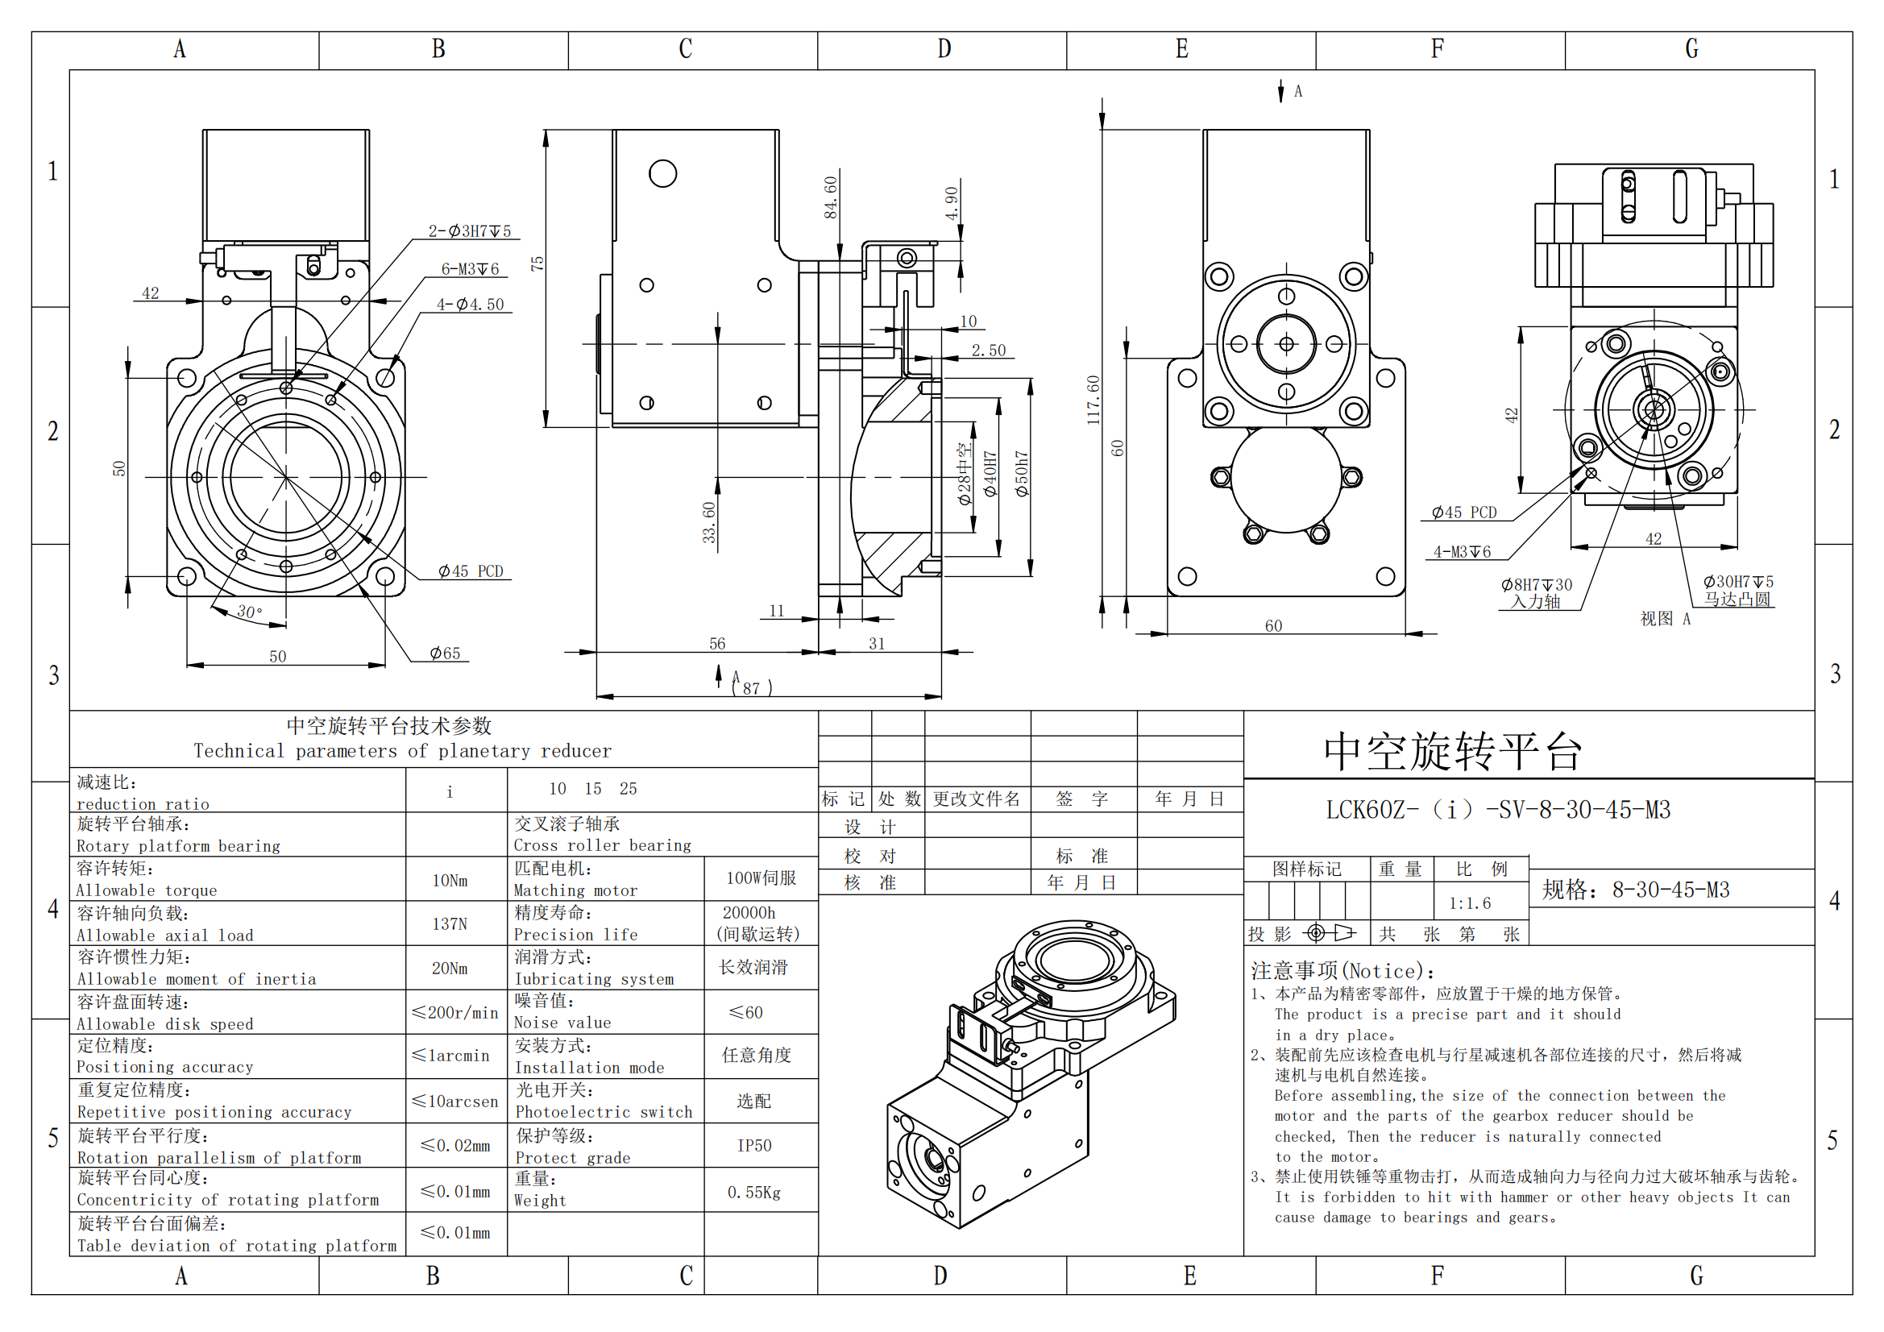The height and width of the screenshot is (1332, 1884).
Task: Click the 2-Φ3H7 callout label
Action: (x=469, y=231)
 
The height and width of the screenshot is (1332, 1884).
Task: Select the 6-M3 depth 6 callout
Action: (x=469, y=269)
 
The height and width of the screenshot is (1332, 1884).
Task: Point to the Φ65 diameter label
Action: (x=445, y=654)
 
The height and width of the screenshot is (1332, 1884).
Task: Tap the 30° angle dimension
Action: (x=250, y=612)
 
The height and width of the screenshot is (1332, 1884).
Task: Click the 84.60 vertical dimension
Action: (x=831, y=197)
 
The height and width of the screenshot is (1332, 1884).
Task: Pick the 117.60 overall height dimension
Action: (x=1093, y=400)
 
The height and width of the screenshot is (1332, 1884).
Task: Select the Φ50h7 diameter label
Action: (x=1022, y=473)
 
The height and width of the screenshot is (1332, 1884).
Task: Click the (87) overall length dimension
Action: (x=751, y=687)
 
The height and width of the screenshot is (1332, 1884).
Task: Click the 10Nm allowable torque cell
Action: (x=450, y=881)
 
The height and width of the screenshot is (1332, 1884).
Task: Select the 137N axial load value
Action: (x=450, y=924)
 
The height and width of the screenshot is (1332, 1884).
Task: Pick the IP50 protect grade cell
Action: (x=754, y=1146)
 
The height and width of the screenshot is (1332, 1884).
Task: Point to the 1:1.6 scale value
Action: (x=1470, y=903)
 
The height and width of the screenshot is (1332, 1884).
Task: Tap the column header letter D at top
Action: (x=944, y=49)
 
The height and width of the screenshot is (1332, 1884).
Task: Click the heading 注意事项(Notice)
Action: (x=1342, y=972)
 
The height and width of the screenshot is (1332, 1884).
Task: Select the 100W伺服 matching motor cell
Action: (x=761, y=878)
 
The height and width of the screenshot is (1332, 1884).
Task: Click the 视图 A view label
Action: (x=1664, y=619)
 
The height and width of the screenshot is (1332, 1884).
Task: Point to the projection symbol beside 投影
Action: (x=1330, y=933)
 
